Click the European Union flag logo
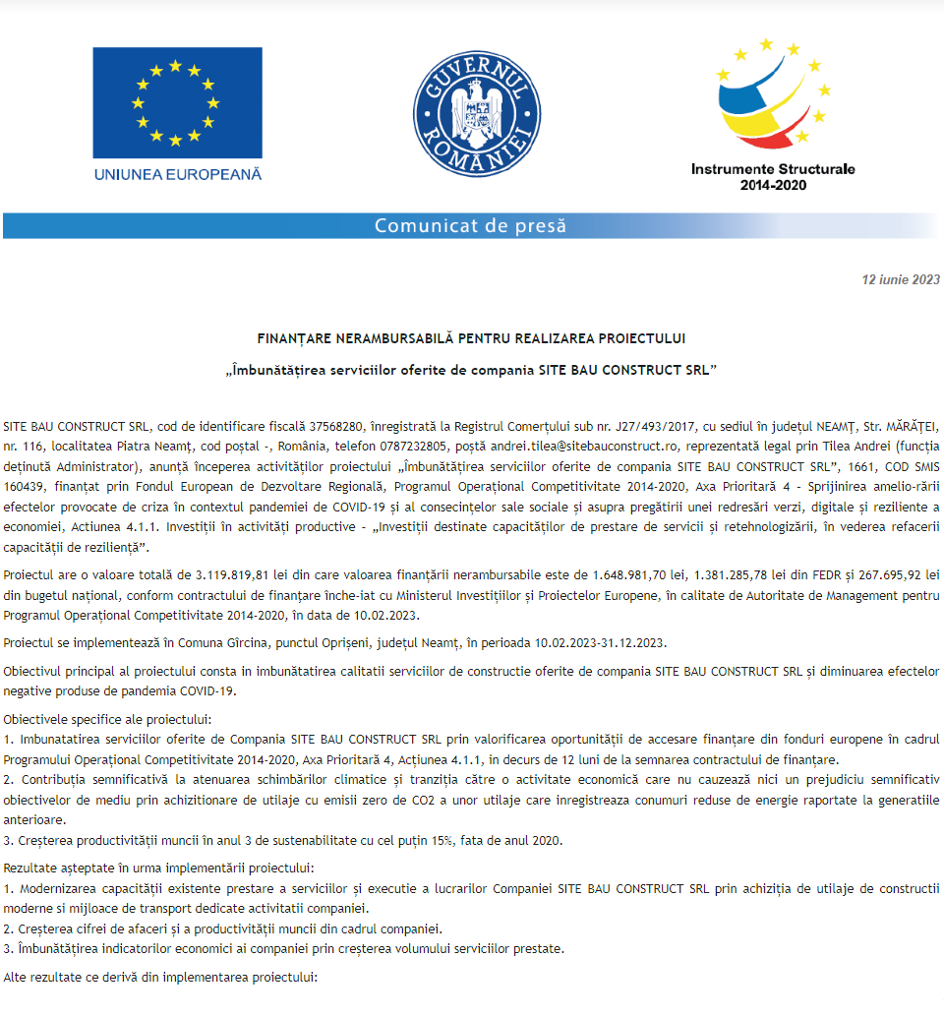pyautogui.click(x=177, y=102)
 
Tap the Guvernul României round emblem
pyautogui.click(x=472, y=113)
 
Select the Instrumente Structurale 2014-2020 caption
pyautogui.click(x=773, y=176)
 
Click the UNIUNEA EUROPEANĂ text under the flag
pyautogui.click(x=178, y=174)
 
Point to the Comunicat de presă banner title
pyautogui.click(x=471, y=226)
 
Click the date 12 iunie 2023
pyautogui.click(x=901, y=279)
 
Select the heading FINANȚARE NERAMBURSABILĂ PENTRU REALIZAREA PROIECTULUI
pyautogui.click(x=471, y=337)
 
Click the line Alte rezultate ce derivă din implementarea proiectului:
pyautogui.click(x=160, y=980)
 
